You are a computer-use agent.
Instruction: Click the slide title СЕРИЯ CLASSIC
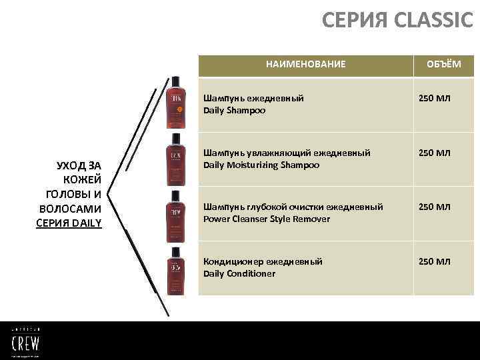pyautogui.click(x=397, y=21)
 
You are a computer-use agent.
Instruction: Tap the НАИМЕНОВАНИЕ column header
pyautogui.click(x=305, y=65)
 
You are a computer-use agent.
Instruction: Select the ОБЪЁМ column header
pyautogui.click(x=443, y=65)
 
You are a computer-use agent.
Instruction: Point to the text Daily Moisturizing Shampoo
pyautogui.click(x=261, y=165)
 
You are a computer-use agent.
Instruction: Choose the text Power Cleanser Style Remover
pyautogui.click(x=267, y=219)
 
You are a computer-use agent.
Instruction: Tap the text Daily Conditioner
pyautogui.click(x=239, y=273)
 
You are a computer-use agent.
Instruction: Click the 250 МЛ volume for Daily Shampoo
pyautogui.click(x=434, y=99)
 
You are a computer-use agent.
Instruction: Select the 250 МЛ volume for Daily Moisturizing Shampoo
pyautogui.click(x=434, y=153)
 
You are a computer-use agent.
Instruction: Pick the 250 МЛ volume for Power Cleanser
pyautogui.click(x=434, y=207)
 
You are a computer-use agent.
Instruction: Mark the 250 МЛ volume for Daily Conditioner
pyautogui.click(x=434, y=261)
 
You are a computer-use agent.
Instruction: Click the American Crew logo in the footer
pyautogui.click(x=25, y=340)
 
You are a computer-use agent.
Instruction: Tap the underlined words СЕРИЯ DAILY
pyautogui.click(x=69, y=223)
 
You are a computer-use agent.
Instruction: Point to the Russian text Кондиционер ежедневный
pyautogui.click(x=263, y=261)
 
